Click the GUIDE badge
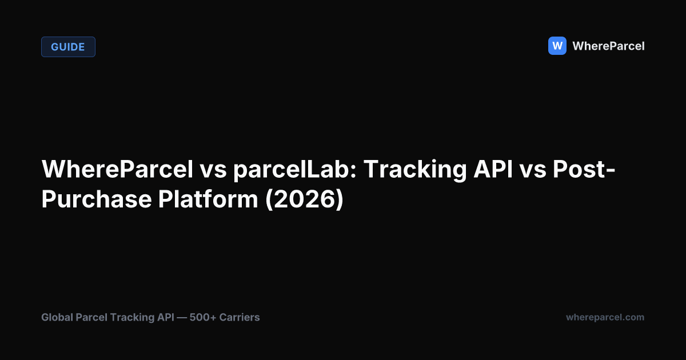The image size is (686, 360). pos(68,47)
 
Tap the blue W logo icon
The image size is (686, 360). pos(557,46)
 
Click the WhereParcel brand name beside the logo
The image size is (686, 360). pos(608,46)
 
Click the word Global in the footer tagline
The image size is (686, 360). pos(57,317)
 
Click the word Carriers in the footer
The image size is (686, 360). pos(241,317)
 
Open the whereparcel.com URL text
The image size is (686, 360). pos(605,317)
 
